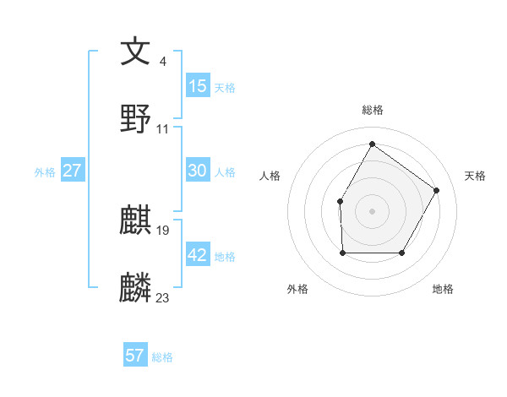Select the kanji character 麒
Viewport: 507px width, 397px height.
tap(136, 220)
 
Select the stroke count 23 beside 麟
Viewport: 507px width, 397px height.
tap(163, 297)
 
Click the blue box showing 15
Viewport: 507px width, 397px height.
tap(198, 86)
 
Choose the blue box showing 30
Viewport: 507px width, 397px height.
tap(198, 171)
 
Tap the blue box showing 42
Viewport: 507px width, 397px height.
tap(198, 255)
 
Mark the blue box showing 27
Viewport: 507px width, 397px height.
tap(73, 171)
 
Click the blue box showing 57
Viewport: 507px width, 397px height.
tap(135, 356)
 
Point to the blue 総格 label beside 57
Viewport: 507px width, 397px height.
tap(163, 357)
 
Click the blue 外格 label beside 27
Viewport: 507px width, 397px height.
tap(45, 172)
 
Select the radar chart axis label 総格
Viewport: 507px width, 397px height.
tap(372, 110)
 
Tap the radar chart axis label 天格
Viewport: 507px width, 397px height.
tap(475, 176)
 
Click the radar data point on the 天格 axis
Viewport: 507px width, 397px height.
tap(436, 190)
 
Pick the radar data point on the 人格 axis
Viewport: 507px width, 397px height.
tap(341, 201)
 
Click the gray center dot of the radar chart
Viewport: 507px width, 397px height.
tap(372, 210)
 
